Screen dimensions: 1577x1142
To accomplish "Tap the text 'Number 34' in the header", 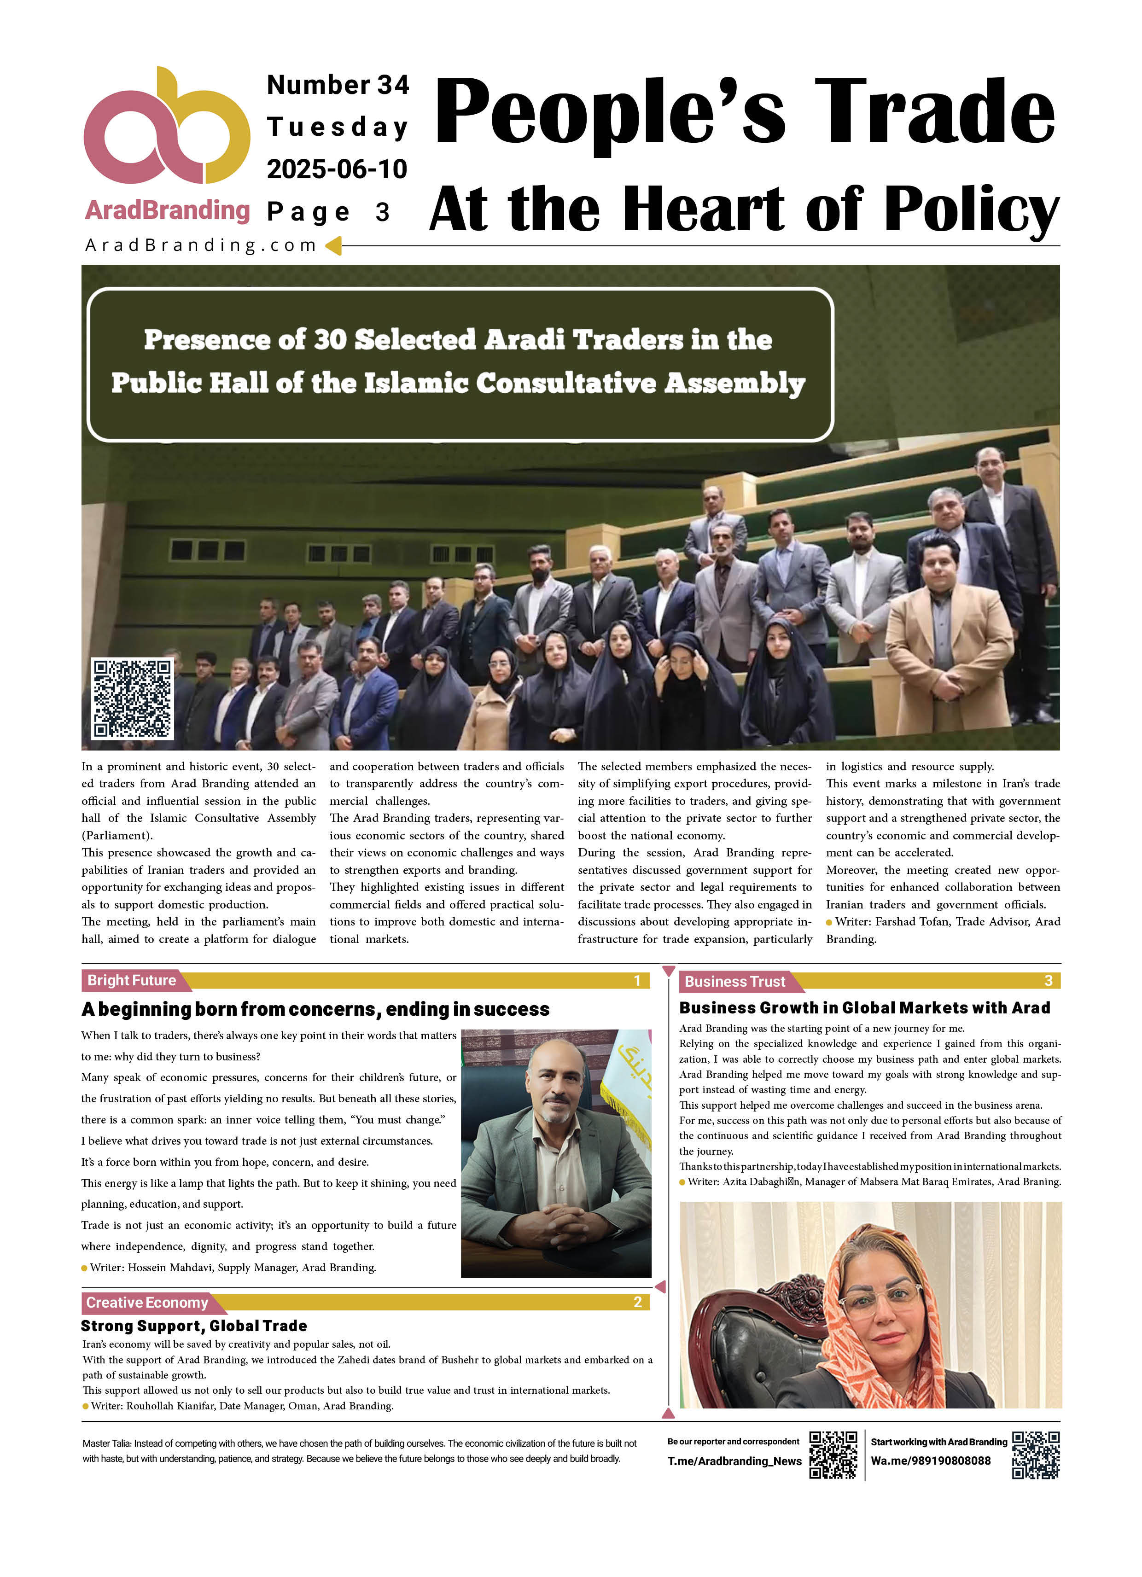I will click(x=338, y=85).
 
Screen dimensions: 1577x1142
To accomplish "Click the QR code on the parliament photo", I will click(x=132, y=698).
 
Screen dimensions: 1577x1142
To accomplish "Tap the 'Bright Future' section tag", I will click(x=131, y=980).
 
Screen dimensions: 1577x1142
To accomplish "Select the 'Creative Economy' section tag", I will click(x=147, y=1302).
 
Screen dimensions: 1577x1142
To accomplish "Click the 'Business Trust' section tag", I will click(x=734, y=982).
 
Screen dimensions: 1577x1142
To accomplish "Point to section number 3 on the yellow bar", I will click(x=1048, y=981).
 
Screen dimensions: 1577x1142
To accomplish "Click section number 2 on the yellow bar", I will click(x=637, y=1302).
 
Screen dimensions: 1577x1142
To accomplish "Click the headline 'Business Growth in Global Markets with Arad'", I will click(x=864, y=1007).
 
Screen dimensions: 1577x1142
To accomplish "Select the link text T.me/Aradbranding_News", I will click(x=734, y=1461).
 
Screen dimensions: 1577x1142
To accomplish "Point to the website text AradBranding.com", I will click(x=200, y=245).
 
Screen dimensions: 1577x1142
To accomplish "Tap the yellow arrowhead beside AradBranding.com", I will click(x=334, y=245).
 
